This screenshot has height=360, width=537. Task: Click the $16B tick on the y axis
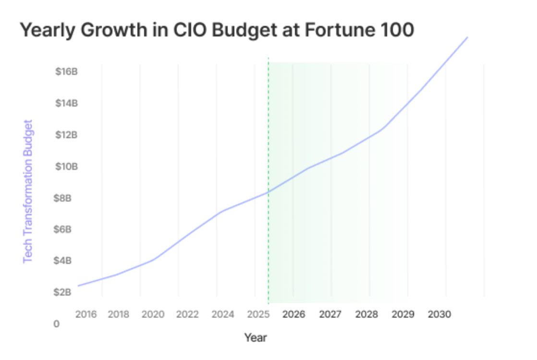(x=67, y=72)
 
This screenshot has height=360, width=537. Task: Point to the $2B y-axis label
(x=63, y=292)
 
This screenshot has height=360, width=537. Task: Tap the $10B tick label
(x=67, y=167)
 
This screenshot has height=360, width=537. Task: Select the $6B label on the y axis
(x=63, y=229)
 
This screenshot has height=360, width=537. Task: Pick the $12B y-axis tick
(x=67, y=135)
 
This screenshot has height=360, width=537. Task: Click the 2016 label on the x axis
(x=86, y=314)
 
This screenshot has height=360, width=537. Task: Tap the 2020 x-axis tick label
(x=153, y=314)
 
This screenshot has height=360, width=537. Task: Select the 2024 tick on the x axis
(x=223, y=314)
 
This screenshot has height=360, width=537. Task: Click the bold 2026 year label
(x=293, y=314)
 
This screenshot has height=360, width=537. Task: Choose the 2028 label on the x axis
(x=366, y=314)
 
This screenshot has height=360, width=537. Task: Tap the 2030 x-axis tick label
(x=439, y=314)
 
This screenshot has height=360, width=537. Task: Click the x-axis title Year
(x=256, y=337)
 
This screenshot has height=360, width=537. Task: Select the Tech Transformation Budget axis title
(x=28, y=191)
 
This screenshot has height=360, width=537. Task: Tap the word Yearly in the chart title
(x=49, y=30)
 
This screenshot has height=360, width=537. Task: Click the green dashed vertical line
(x=268, y=120)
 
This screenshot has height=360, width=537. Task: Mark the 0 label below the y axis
(x=57, y=324)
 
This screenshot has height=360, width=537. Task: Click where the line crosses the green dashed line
(x=268, y=192)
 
